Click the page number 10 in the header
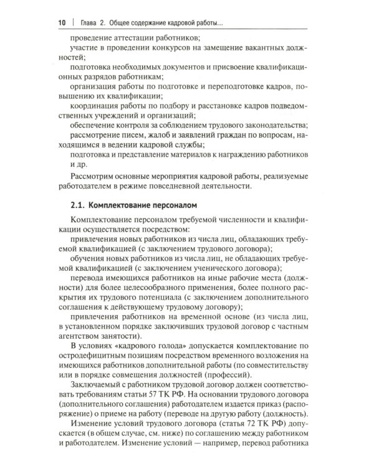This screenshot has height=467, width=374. click(62, 23)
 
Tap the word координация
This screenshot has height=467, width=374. click(99, 115)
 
